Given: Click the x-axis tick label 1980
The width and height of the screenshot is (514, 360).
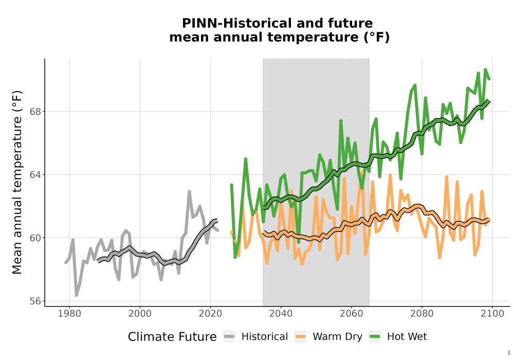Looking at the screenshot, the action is [69, 314].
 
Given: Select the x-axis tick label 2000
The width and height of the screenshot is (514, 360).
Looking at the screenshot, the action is [140, 314].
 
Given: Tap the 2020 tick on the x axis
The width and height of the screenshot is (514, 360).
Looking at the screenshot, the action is [210, 314].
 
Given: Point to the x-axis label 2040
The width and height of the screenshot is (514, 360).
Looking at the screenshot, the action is [281, 314].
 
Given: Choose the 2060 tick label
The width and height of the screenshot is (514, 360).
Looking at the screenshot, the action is [352, 314].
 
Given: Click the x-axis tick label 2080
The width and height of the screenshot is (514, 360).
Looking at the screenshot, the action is [422, 314].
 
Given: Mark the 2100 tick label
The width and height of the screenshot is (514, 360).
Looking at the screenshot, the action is [492, 314].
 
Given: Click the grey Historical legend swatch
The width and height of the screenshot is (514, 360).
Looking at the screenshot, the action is [229, 337].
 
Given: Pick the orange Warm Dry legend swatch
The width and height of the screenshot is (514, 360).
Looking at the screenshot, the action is [300, 337].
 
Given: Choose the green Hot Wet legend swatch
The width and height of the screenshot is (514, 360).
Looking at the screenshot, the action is [375, 337].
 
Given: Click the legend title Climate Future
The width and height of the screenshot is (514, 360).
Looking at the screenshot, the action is [172, 337].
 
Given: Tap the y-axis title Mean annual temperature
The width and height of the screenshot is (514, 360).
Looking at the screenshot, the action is [17, 182].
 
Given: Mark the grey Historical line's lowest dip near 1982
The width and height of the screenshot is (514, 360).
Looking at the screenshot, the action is [77, 295].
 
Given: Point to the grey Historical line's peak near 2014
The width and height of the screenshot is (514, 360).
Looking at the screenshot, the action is [189, 191].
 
